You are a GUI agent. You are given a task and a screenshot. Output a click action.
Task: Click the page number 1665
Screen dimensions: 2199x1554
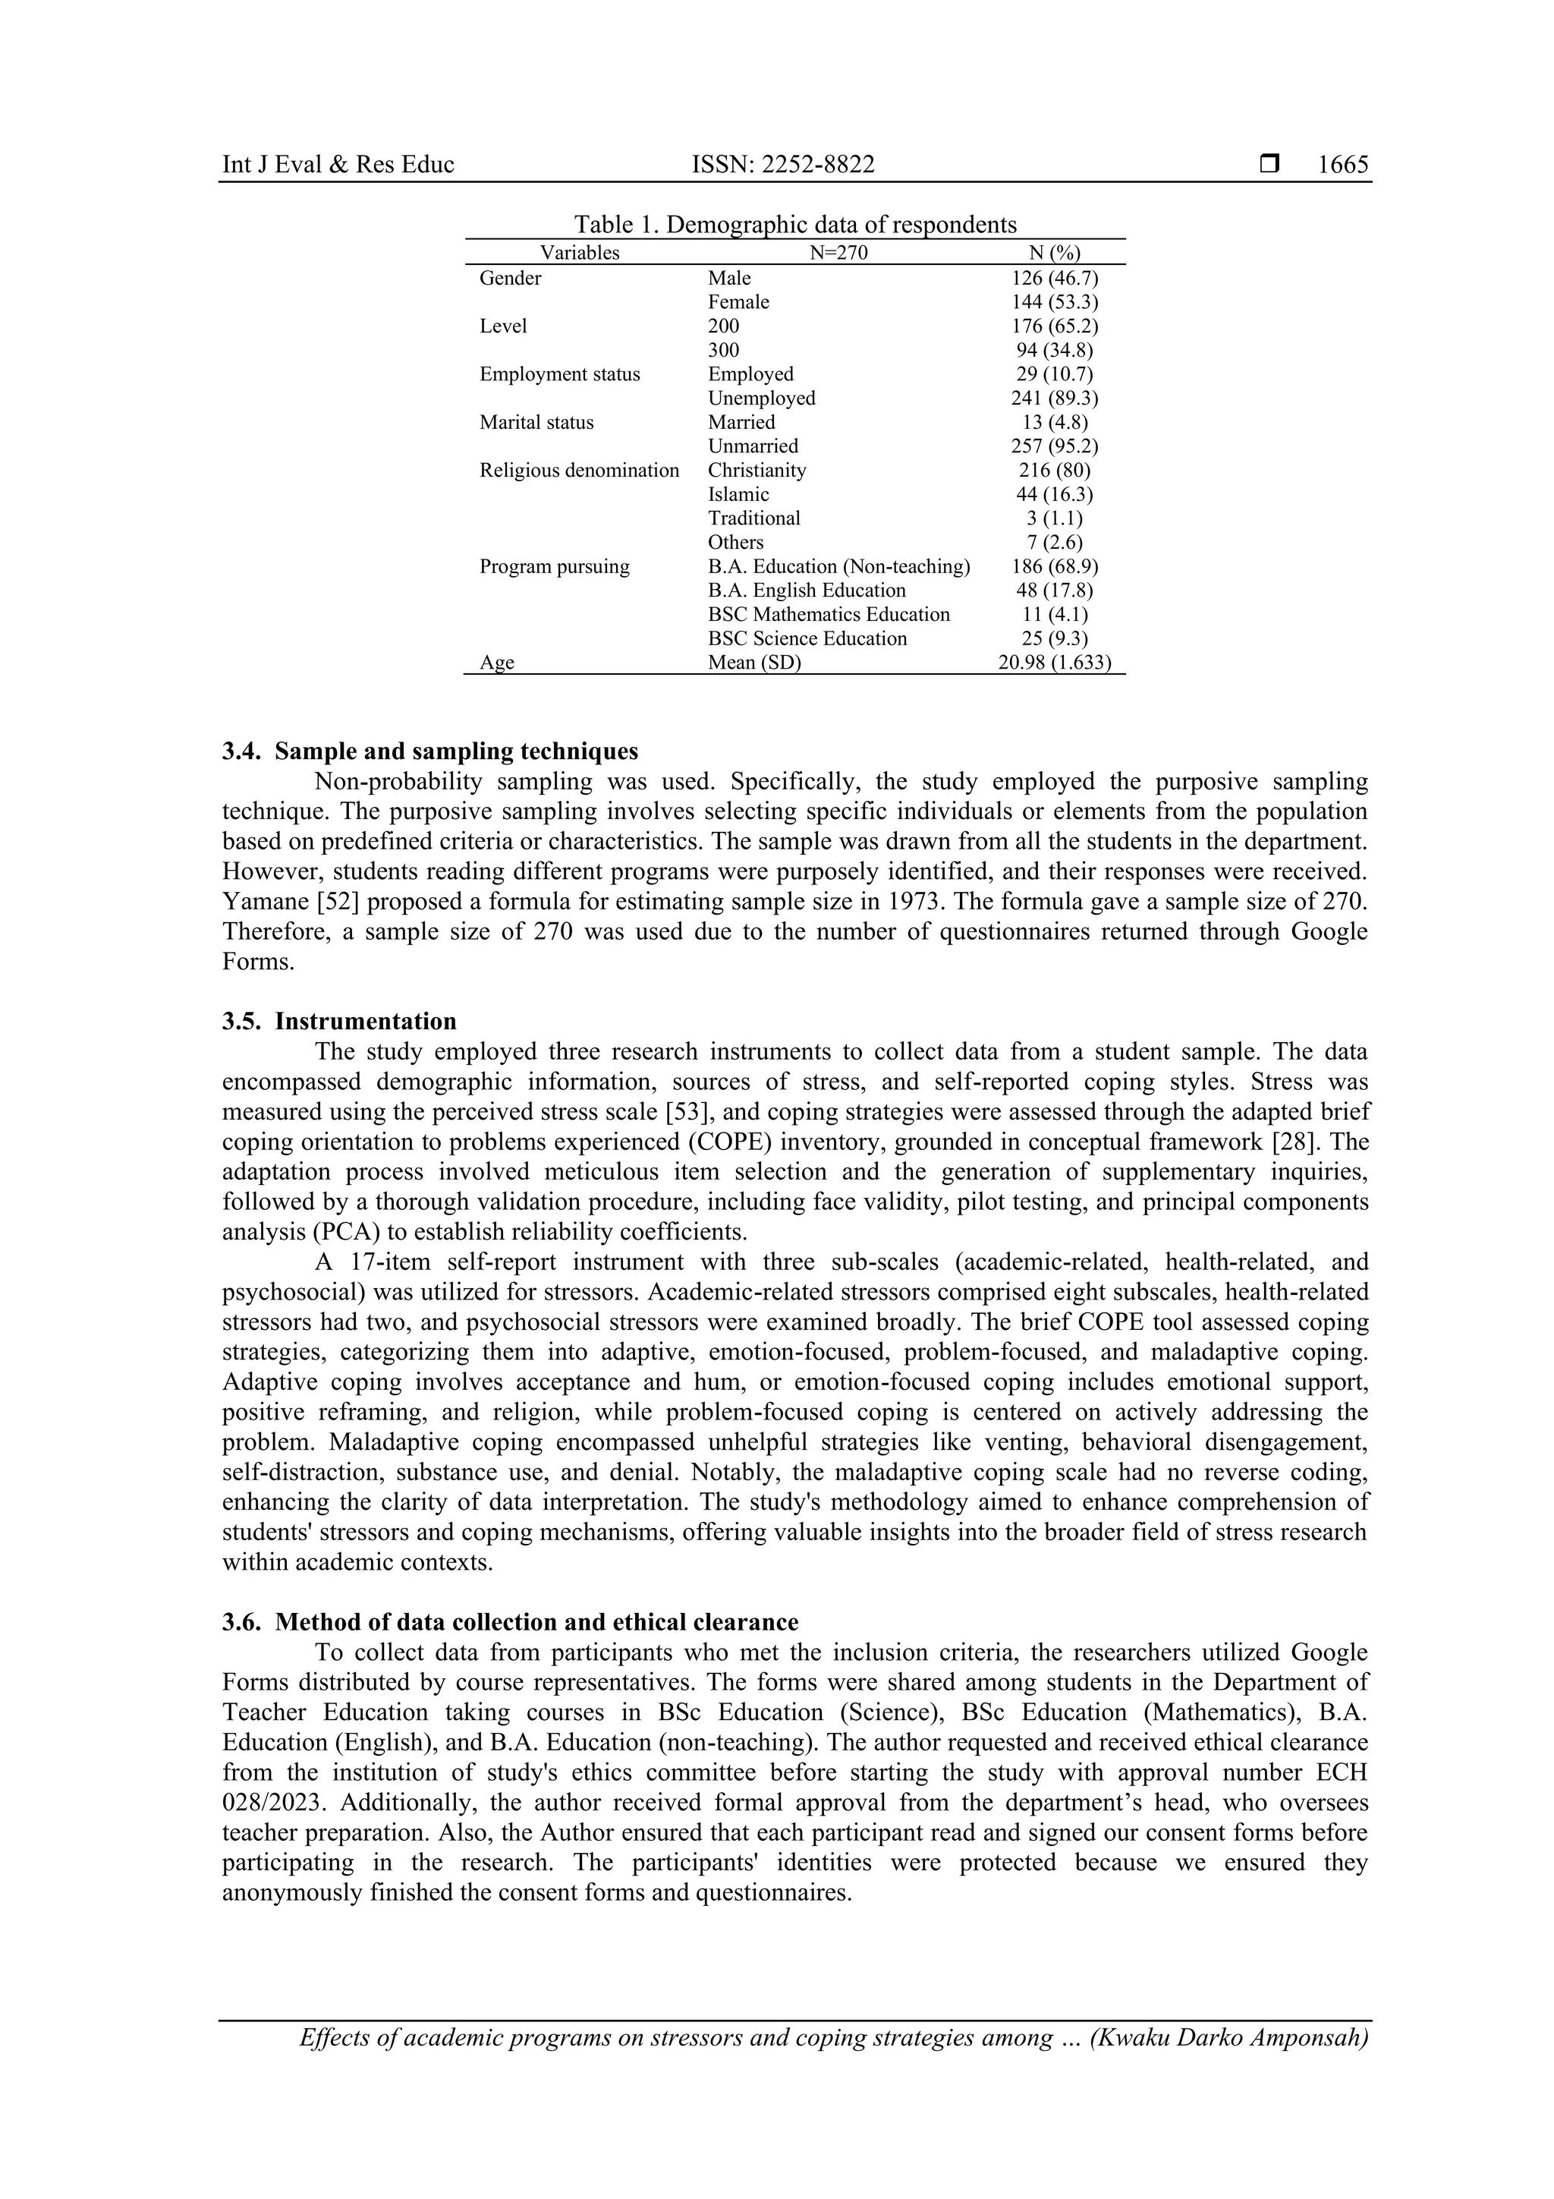pos(1342,165)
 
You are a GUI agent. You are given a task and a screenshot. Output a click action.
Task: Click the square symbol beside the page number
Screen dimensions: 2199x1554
pos(1269,165)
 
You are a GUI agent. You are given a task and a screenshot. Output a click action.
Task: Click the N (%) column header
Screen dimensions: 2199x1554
pos(1053,253)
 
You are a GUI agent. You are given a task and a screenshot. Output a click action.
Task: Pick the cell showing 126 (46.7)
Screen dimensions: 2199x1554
pos(1054,278)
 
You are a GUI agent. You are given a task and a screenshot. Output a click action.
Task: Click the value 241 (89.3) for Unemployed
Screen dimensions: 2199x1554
pos(1054,398)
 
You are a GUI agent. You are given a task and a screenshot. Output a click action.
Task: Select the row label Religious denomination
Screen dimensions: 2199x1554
pos(579,471)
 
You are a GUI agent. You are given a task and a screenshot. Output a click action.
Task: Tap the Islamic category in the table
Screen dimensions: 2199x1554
pos(738,494)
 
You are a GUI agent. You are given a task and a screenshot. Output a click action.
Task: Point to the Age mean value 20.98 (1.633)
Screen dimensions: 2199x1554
pos(1054,663)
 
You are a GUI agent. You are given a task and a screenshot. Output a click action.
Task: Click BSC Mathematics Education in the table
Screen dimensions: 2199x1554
pos(829,614)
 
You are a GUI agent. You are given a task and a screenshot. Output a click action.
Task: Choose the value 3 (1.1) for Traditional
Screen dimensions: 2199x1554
pos(1054,518)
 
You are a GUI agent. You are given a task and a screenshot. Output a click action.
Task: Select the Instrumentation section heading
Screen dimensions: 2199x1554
pos(365,1021)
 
